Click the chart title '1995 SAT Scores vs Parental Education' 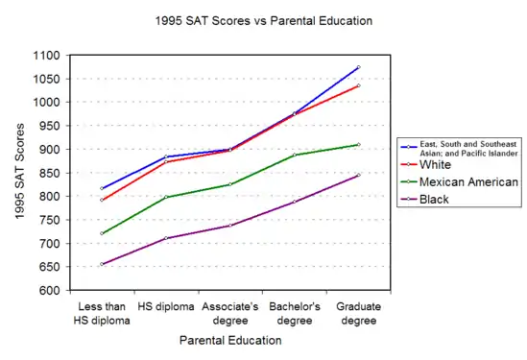pyautogui.click(x=263, y=21)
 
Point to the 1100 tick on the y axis pyautogui.click(x=46, y=56)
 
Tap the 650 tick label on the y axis pyautogui.click(x=49, y=267)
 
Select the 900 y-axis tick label pyautogui.click(x=49, y=149)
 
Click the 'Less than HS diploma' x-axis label pyautogui.click(x=102, y=313)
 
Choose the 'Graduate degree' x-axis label pyautogui.click(x=359, y=313)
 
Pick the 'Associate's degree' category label pyautogui.click(x=230, y=313)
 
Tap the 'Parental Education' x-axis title pyautogui.click(x=230, y=340)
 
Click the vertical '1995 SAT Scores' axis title pyautogui.click(x=20, y=172)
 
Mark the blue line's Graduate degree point pyautogui.click(x=359, y=67)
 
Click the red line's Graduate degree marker pyautogui.click(x=359, y=85)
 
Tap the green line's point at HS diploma pyautogui.click(x=166, y=197)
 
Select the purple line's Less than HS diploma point pyautogui.click(x=102, y=264)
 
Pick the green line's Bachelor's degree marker pyautogui.click(x=295, y=155)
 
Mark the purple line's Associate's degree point pyautogui.click(x=230, y=226)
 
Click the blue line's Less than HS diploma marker pyautogui.click(x=102, y=188)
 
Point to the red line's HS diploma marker pyautogui.click(x=166, y=162)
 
